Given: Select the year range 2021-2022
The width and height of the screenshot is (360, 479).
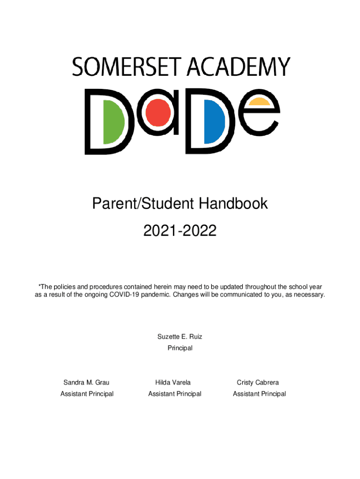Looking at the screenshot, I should coord(180,231).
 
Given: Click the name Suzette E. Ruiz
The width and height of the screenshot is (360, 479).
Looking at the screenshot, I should coord(180,337).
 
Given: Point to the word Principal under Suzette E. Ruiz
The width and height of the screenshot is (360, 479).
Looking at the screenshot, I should coord(180,348).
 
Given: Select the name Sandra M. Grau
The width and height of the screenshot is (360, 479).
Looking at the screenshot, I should coord(86,383).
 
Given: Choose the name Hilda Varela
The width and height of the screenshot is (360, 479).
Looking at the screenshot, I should coord(173,383).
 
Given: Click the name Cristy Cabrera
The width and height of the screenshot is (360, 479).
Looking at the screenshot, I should coord(258,383).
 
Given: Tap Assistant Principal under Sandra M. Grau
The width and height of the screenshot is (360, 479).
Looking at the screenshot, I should coord(87,394).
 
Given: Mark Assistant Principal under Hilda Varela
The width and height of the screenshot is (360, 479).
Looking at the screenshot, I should coord(174,394).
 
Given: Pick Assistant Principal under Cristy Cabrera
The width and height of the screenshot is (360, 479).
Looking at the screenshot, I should coord(259,394).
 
